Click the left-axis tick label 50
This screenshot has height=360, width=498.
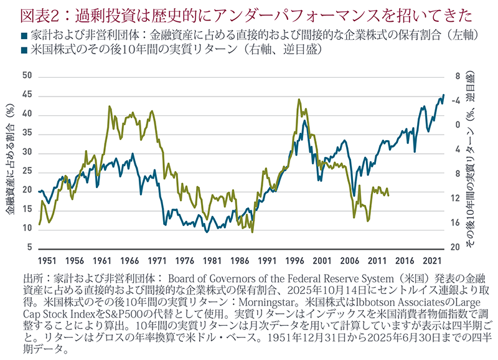pyautogui.click(x=26, y=76)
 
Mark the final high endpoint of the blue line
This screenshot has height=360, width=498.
pyautogui.click(x=443, y=95)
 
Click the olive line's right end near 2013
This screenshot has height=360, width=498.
pyautogui.click(x=388, y=196)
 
